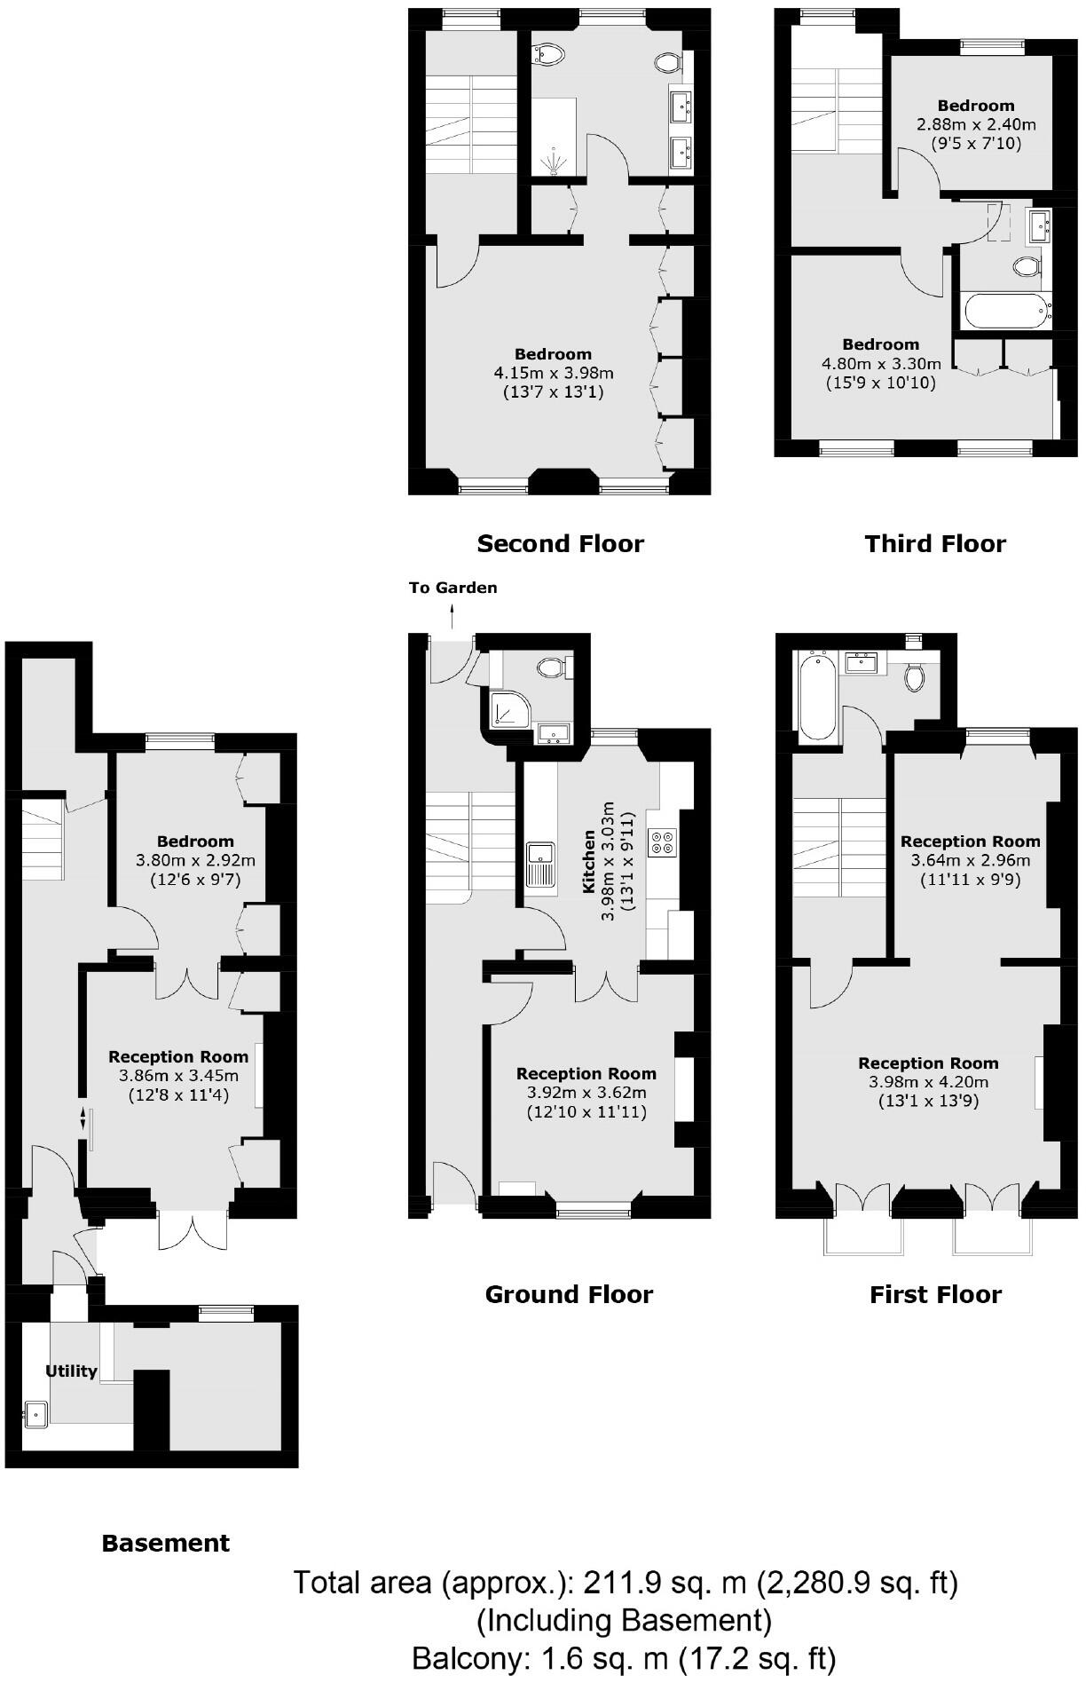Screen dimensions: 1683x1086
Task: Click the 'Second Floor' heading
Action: pos(560,544)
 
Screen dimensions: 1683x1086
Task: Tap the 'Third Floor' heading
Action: pos(935,544)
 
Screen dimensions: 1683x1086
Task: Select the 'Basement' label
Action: pos(166,1544)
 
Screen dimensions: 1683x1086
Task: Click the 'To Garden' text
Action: pos(452,588)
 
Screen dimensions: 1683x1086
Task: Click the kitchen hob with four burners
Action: pos(662,841)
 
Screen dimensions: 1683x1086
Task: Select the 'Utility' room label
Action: pos(71,1371)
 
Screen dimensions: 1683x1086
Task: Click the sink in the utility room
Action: pos(36,1413)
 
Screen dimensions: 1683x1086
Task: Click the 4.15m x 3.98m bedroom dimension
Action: pos(555,373)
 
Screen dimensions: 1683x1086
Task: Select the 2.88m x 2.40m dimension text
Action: pos(976,124)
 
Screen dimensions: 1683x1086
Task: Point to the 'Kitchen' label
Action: pos(588,861)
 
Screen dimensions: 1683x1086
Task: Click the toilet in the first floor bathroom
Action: pos(915,677)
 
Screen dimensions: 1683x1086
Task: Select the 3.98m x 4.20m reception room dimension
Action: pos(928,1082)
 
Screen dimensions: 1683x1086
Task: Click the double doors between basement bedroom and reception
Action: pos(187,983)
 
